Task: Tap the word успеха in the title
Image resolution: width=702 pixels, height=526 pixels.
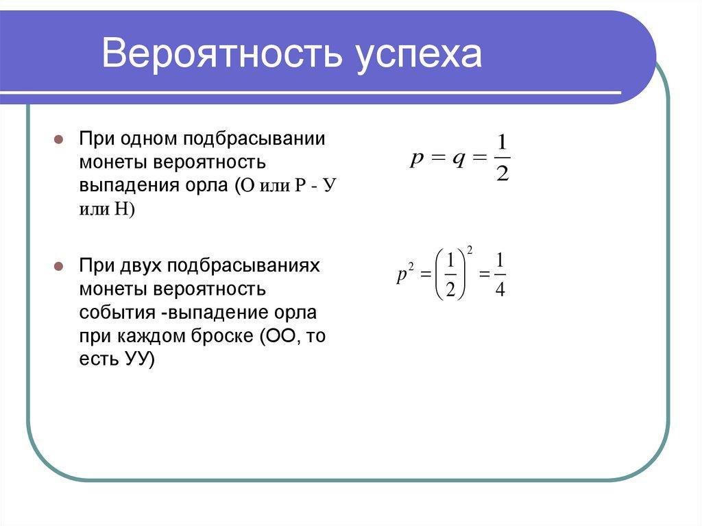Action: click(419, 56)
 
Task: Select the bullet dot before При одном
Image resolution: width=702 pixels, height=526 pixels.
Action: click(59, 139)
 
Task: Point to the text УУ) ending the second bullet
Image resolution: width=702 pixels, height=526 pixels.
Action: click(141, 359)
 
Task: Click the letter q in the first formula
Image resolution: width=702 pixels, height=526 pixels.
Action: click(457, 159)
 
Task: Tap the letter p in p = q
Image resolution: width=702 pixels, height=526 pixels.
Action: click(416, 159)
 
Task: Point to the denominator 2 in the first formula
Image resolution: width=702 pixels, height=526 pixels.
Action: click(502, 174)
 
